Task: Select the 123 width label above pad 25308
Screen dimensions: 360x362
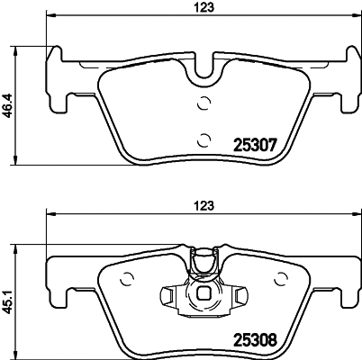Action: (206, 204)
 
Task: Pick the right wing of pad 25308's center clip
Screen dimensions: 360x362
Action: (240, 293)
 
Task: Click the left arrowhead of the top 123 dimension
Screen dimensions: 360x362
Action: (49, 16)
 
